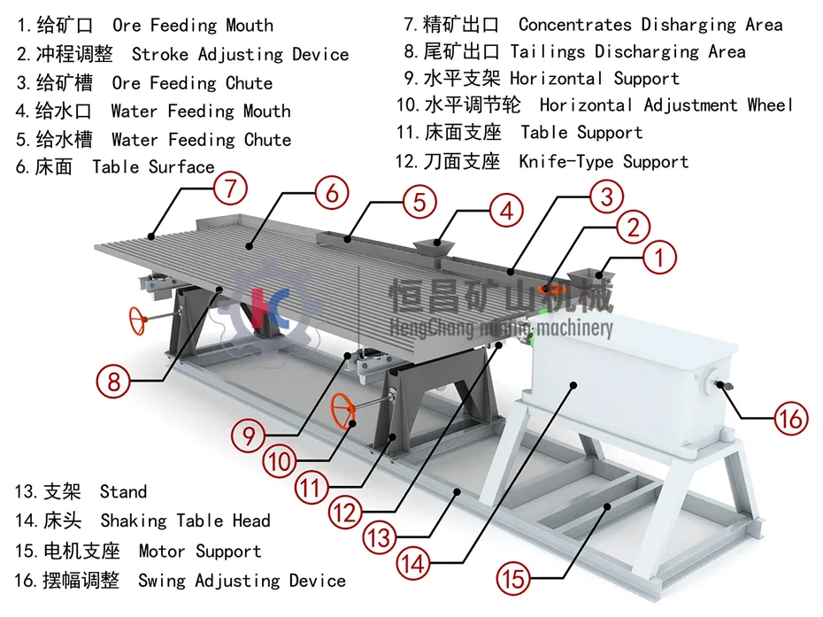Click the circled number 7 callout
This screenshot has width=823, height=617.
click(x=229, y=188)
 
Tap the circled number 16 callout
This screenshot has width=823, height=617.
click(x=790, y=416)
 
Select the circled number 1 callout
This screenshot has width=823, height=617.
click(x=658, y=258)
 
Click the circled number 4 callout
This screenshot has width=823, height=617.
click(x=506, y=211)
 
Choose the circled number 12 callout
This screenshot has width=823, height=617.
click(x=346, y=511)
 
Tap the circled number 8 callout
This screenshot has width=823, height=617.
click(x=114, y=382)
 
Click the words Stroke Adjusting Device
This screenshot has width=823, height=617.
click(x=240, y=55)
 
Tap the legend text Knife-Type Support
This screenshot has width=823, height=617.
click(x=604, y=162)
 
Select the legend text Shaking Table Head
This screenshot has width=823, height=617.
click(x=185, y=521)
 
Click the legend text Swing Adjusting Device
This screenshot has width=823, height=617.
click(x=242, y=581)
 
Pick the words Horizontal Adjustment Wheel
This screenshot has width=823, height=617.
click(x=666, y=105)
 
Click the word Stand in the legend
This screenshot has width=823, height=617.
click(x=123, y=492)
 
